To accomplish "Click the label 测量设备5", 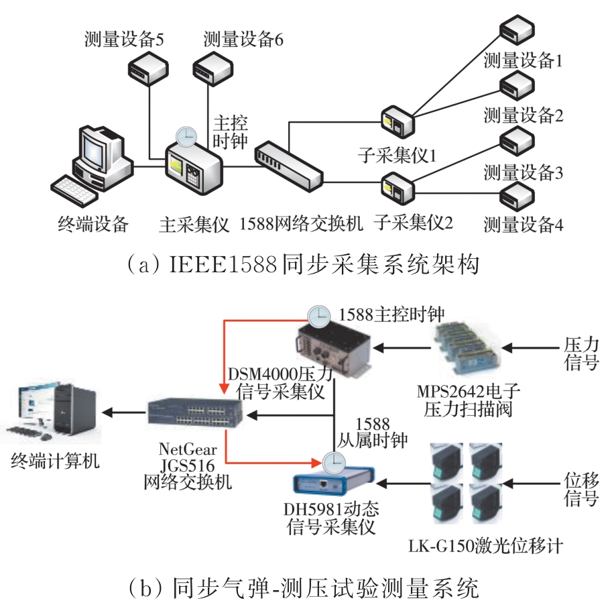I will click(125, 39).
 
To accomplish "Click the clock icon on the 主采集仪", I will click(186, 135).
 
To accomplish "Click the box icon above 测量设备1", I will click(516, 29).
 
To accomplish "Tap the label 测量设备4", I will click(524, 223).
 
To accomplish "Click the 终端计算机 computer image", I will click(54, 414).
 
